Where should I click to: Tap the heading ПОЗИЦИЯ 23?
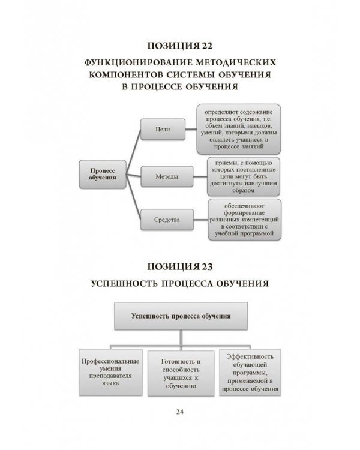(180, 265)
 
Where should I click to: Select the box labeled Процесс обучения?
(102, 174)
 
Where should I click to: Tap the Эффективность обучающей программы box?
(250, 373)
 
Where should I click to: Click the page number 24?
(180, 411)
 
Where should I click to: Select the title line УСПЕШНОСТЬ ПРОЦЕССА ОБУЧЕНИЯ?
(180, 282)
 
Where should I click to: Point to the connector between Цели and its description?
(189, 129)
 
